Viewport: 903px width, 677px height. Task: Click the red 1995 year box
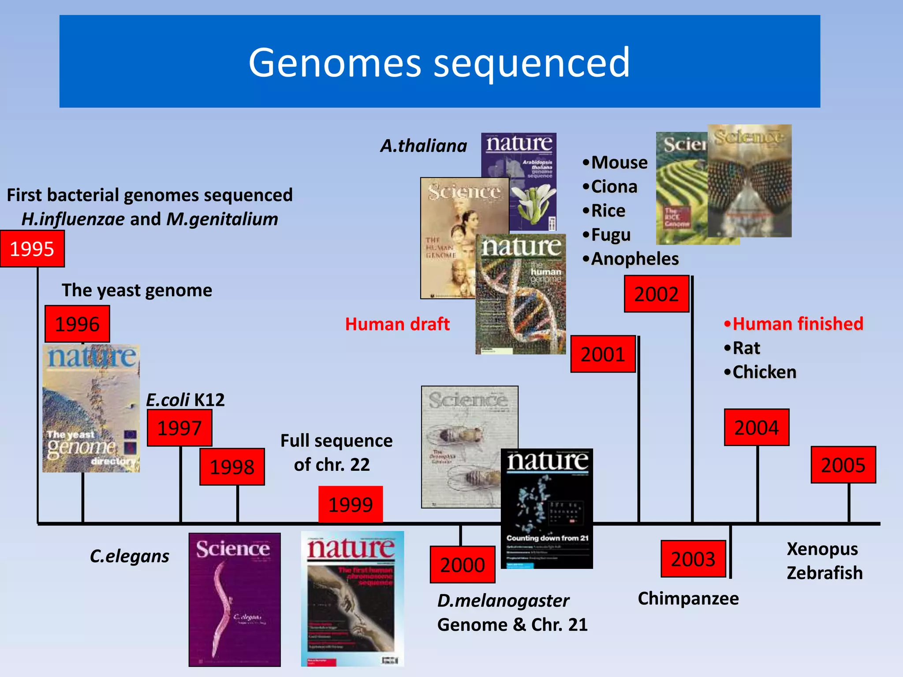pyautogui.click(x=32, y=249)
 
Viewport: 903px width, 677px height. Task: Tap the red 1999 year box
pyautogui.click(x=351, y=504)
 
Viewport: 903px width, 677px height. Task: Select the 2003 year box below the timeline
pyautogui.click(x=693, y=559)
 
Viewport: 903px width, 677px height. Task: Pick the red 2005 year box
pyautogui.click(x=843, y=465)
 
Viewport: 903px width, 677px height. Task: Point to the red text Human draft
pyautogui.click(x=397, y=324)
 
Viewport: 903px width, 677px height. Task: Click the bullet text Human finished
pyautogui.click(x=797, y=324)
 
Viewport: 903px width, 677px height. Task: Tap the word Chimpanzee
pyautogui.click(x=688, y=599)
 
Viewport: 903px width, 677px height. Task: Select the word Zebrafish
pyautogui.click(x=824, y=573)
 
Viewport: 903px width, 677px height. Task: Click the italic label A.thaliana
pyautogui.click(x=423, y=146)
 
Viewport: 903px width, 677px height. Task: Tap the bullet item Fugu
pyautogui.click(x=610, y=235)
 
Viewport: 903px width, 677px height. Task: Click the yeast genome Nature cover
pyautogui.click(x=91, y=409)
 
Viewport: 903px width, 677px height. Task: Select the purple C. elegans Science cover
pyautogui.click(x=235, y=599)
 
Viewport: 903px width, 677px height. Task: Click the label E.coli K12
pyautogui.click(x=185, y=400)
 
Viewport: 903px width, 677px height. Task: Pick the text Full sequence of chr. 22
pyautogui.click(x=336, y=453)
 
